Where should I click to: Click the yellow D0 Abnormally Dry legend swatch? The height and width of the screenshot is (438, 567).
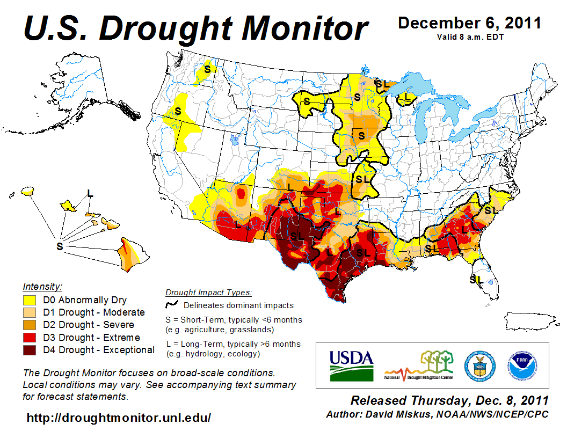coord(30,300)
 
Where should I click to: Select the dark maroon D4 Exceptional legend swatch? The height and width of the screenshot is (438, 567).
coord(30,350)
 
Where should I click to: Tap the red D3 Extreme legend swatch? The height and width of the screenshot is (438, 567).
coord(30,338)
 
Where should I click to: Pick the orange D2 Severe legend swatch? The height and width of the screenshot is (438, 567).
coord(30,325)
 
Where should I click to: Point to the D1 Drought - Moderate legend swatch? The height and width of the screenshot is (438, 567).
coord(30,312)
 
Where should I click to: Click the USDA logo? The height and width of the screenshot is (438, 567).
coord(351,365)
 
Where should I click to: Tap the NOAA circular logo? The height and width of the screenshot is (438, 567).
coord(521,365)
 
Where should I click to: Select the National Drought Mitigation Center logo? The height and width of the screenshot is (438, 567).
coord(419,365)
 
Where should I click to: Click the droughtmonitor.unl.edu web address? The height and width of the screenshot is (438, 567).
coord(119,418)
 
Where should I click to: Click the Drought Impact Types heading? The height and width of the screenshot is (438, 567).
coord(208,293)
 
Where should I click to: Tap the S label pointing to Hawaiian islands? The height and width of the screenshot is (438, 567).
coord(60,246)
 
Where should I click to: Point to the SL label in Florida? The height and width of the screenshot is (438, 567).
coord(476,279)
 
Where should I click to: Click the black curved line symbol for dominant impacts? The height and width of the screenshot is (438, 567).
coord(172,305)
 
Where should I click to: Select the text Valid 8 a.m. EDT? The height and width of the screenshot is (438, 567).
coord(469,37)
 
